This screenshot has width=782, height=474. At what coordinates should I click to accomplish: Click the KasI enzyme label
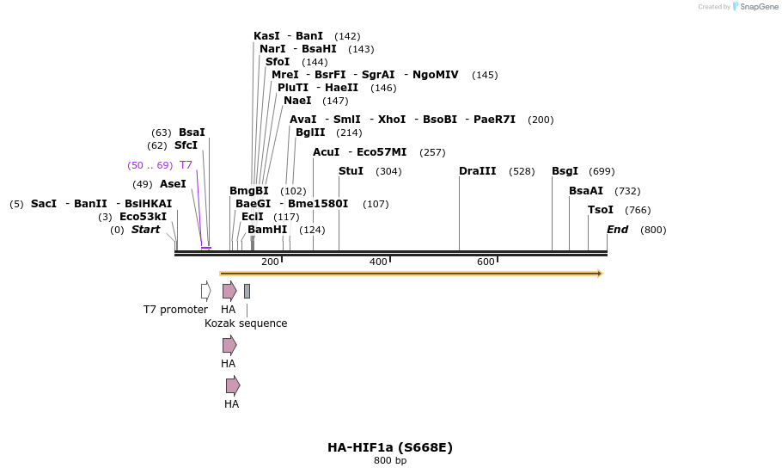[266, 36]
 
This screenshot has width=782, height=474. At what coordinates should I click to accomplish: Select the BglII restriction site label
[310, 132]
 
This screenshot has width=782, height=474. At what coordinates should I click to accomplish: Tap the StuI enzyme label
[351, 171]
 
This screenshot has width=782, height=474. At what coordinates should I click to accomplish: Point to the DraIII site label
[477, 171]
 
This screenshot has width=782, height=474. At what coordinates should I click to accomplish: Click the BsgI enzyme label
[565, 171]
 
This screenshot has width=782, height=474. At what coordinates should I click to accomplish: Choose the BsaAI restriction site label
[585, 191]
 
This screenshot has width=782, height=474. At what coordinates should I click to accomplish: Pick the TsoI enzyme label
[600, 210]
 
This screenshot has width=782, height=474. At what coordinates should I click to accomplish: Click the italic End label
[617, 230]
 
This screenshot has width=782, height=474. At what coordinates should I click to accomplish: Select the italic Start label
[145, 230]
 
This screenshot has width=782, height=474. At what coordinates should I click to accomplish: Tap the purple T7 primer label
[186, 165]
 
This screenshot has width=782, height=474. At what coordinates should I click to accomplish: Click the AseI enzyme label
[173, 184]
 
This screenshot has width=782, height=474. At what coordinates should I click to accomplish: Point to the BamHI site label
[267, 230]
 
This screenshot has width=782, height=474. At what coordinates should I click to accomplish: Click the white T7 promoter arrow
[205, 291]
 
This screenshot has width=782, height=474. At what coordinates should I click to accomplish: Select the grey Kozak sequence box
[247, 291]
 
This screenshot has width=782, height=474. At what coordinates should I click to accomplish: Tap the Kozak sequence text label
[246, 323]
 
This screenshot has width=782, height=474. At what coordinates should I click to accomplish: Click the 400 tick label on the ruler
[378, 262]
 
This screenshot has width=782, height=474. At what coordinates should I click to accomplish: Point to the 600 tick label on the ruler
[486, 262]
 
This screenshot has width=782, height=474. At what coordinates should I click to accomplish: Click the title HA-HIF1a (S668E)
[390, 447]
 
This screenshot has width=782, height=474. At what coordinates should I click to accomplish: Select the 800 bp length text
[390, 461]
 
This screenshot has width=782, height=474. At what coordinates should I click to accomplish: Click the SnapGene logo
[755, 7]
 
